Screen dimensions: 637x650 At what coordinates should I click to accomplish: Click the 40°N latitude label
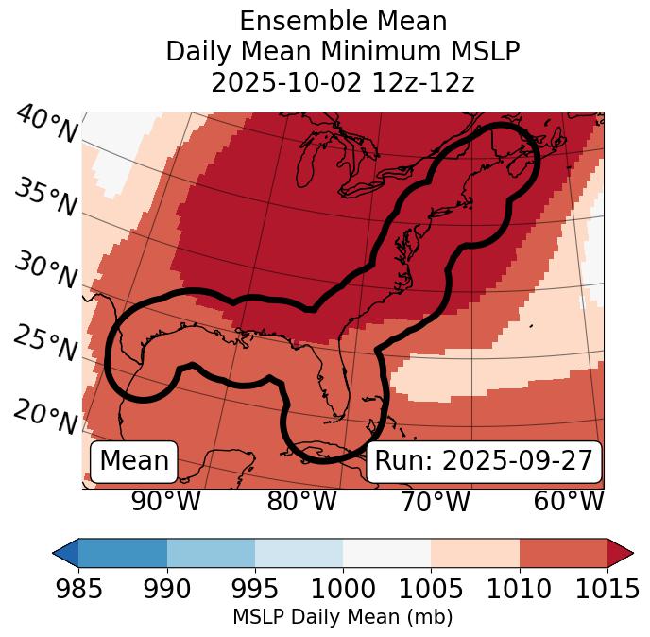coord(46,125)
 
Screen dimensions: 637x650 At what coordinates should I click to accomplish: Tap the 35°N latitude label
coord(45,198)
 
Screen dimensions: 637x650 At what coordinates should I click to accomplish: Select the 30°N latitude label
coord(45,271)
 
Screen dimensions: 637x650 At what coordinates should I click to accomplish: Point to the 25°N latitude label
coord(45,344)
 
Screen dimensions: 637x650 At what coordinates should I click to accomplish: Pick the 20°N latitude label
coord(45,416)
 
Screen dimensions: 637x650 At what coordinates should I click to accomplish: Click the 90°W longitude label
coord(166,502)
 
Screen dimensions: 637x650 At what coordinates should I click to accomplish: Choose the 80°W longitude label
coord(302,502)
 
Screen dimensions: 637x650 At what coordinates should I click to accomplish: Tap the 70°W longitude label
coord(435,502)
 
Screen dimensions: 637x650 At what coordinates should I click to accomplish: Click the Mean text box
coord(134,461)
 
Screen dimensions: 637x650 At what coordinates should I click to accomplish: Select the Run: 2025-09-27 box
coord(484,461)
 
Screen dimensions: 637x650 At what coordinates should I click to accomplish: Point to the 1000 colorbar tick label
coord(343,589)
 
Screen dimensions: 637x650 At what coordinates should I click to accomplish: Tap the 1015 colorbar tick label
coord(607,589)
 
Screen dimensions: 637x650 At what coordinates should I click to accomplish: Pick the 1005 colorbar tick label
coord(431,589)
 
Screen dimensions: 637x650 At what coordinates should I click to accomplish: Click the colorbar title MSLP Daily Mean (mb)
coord(342,618)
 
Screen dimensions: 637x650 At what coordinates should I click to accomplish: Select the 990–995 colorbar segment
coord(211,553)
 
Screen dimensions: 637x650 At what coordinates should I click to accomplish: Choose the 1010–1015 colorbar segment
coord(563,553)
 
